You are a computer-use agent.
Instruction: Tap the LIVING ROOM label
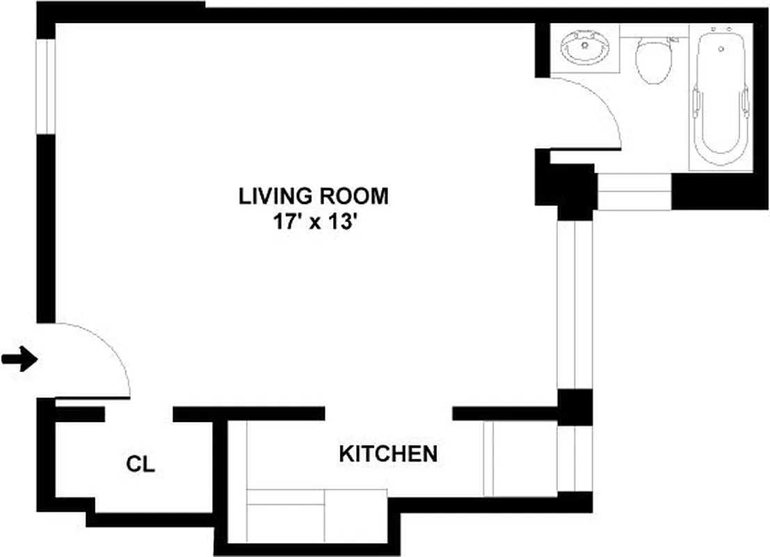[x=313, y=196]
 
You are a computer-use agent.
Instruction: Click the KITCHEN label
[x=388, y=454]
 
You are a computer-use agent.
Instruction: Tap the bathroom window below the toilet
[x=634, y=192]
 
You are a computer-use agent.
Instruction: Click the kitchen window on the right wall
[x=575, y=459]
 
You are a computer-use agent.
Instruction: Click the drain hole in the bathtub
[x=721, y=49]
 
